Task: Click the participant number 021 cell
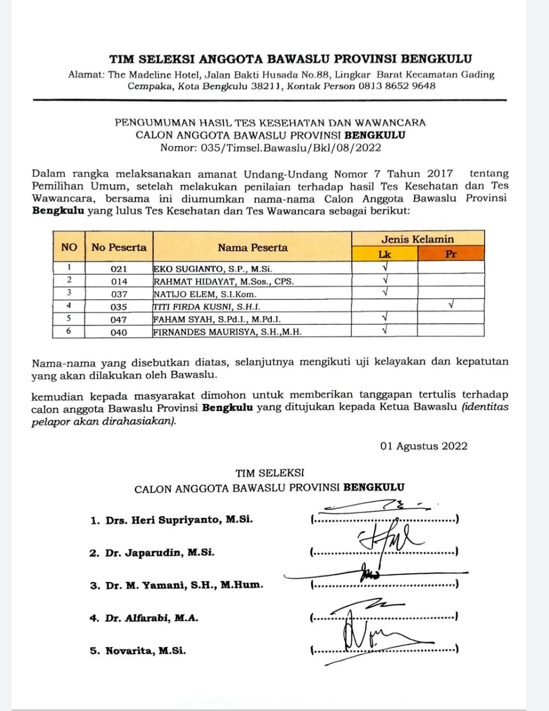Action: pyautogui.click(x=119, y=269)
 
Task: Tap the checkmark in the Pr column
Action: pyautogui.click(x=451, y=305)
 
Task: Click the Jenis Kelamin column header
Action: pyautogui.click(x=417, y=239)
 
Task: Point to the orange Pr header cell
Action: pyautogui.click(x=451, y=254)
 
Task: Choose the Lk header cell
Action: pyautogui.click(x=384, y=254)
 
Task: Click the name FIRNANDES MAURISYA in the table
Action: pyautogui.click(x=228, y=332)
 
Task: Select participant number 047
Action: pyautogui.click(x=119, y=319)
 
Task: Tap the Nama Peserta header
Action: pyautogui.click(x=253, y=248)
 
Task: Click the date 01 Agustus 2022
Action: pyautogui.click(x=424, y=446)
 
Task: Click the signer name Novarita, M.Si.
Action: pyautogui.click(x=145, y=650)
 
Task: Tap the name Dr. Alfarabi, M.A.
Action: pyautogui.click(x=152, y=618)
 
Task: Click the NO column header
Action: pyautogui.click(x=69, y=247)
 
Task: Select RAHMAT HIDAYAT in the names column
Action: pyautogui.click(x=224, y=282)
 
